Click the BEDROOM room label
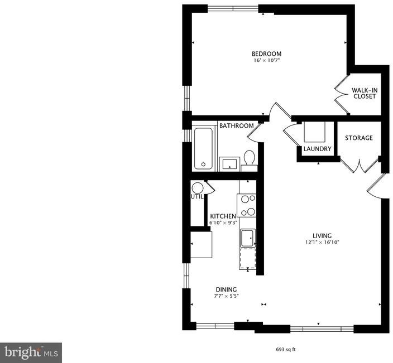click(266, 54)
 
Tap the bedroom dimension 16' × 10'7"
click(266, 60)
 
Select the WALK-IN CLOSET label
click(365, 93)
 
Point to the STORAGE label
click(359, 138)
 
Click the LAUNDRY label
click(318, 149)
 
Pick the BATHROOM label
click(236, 125)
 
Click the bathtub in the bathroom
click(204, 148)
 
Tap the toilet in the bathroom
click(249, 160)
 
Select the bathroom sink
click(229, 164)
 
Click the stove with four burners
click(247, 206)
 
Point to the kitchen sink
click(248, 238)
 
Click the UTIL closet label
click(197, 197)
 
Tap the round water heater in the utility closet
click(197, 188)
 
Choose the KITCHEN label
click(223, 216)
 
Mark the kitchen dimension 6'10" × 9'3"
click(223, 222)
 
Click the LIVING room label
click(322, 235)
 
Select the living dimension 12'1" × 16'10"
click(322, 243)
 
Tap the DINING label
click(226, 289)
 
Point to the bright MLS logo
click(31, 353)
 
